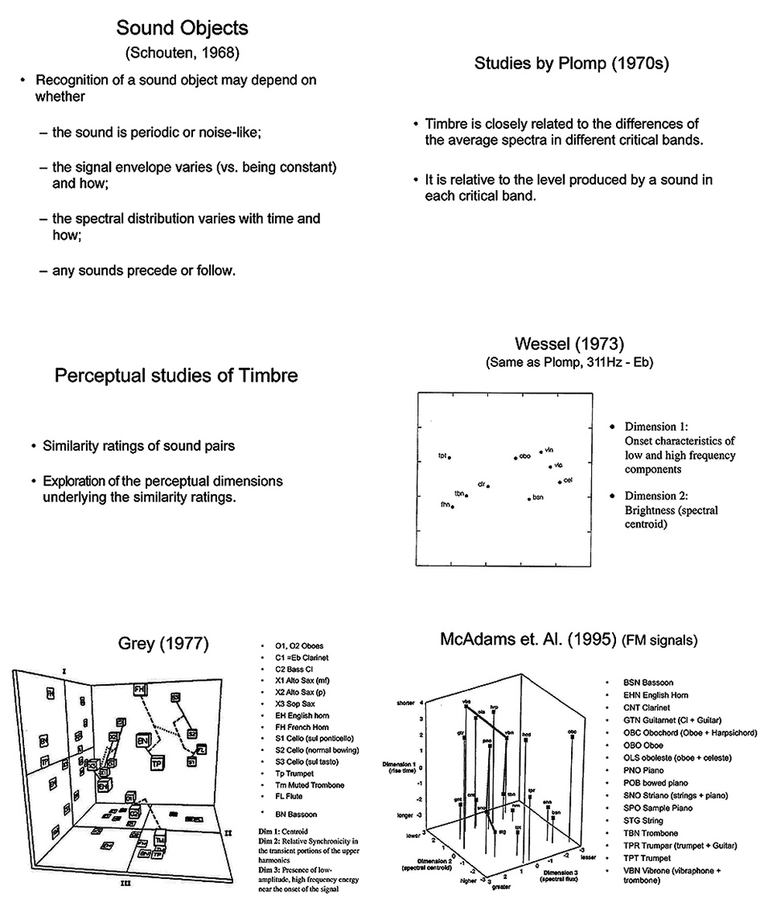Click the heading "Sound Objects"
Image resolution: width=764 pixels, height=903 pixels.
[x=182, y=28]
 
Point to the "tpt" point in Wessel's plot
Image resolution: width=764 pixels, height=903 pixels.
[x=450, y=457]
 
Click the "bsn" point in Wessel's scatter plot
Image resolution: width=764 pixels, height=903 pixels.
[x=529, y=499]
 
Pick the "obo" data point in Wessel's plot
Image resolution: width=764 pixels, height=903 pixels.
[x=515, y=458]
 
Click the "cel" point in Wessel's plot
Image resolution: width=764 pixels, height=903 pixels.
[x=560, y=482]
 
